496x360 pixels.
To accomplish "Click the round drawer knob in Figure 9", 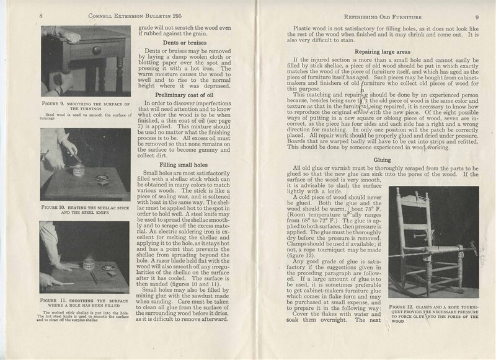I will coord(95,50).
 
